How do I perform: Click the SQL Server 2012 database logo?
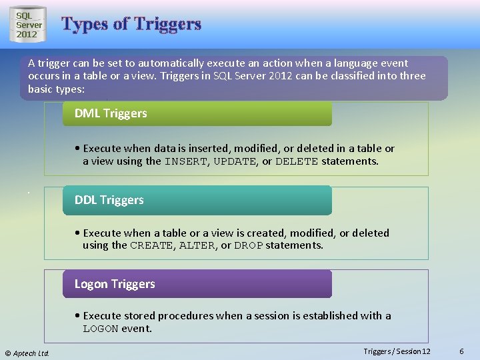(x=29, y=25)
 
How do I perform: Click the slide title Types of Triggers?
(x=131, y=24)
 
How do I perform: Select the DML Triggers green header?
(x=197, y=113)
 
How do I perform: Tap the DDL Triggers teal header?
(x=197, y=200)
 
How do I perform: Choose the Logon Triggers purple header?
(x=197, y=284)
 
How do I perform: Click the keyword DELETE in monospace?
(x=297, y=161)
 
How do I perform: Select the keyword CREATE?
(x=151, y=245)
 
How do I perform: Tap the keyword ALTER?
(x=197, y=245)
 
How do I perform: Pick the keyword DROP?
(x=248, y=245)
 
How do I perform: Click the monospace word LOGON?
(x=100, y=329)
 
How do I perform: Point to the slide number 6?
(x=461, y=351)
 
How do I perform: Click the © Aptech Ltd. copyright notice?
(x=27, y=353)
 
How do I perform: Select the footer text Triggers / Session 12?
(x=397, y=351)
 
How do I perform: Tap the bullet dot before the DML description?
(x=78, y=149)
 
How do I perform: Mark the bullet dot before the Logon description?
(x=78, y=316)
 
